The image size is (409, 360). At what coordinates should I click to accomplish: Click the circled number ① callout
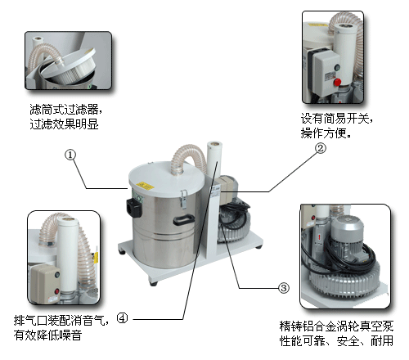70,155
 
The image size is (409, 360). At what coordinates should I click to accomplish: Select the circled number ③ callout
284,287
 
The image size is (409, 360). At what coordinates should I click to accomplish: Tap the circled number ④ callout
122,317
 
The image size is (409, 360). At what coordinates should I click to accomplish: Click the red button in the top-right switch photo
335,82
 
